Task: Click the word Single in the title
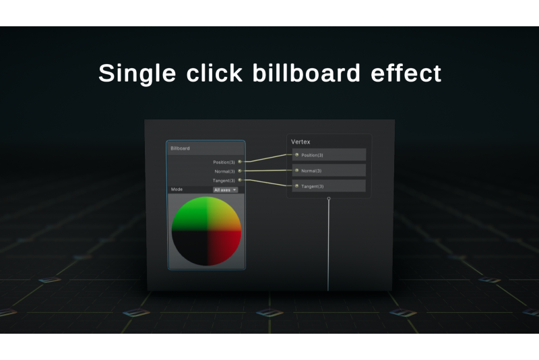coord(137,73)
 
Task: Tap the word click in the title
coord(214,73)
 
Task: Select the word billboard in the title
coord(307,73)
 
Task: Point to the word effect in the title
coord(406,73)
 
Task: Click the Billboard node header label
coord(180,148)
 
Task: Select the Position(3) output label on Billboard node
coord(224,162)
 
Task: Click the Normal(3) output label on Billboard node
coord(224,171)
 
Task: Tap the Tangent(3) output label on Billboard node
coord(224,181)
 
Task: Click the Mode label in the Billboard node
coord(177,189)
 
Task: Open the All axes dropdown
coord(225,190)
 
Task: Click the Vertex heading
coord(300,142)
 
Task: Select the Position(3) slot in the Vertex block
coord(329,155)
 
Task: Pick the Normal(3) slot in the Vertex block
coord(329,170)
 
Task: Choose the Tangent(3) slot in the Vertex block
coord(329,185)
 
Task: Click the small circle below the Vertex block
coord(329,199)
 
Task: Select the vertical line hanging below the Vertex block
coord(328,245)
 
